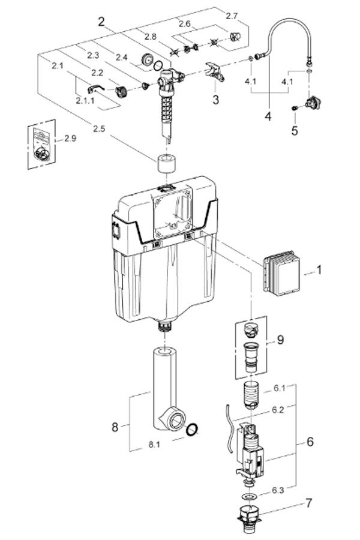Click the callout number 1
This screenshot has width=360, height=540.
319,271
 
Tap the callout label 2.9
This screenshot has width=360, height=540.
71,139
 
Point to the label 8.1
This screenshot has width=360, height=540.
154,445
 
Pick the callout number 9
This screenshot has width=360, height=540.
280,340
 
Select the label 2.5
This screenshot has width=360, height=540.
100,128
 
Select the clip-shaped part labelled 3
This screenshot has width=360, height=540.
214,71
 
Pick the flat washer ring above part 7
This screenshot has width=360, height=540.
247,497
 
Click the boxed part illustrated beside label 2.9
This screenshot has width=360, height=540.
41,146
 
